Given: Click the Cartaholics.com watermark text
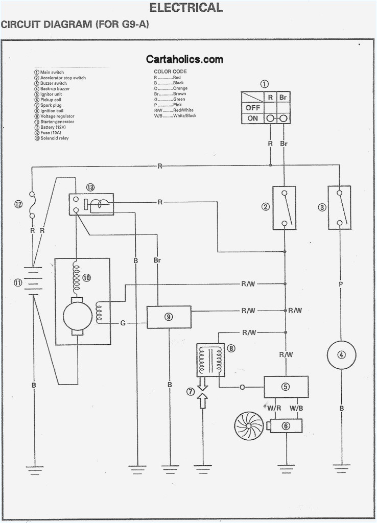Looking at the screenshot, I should point(184,59).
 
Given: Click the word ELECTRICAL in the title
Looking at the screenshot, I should point(186,8).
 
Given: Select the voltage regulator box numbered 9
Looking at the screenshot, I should point(169,317).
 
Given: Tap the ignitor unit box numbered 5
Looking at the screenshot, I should point(286,387).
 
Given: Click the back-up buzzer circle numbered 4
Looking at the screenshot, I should point(341,354).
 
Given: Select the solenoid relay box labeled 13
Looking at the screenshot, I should point(91,204).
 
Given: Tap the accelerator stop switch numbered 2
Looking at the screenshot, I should point(284,207).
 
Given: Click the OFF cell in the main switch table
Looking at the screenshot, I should point(252,108).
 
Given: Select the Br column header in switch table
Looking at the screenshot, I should point(283,97).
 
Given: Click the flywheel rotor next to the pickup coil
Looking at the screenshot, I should point(249,425).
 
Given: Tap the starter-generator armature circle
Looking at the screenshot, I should point(77,316).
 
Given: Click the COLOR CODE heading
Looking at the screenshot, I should point(170,72).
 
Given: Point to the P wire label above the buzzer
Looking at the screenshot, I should point(341,282).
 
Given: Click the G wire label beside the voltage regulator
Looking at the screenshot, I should point(123,323).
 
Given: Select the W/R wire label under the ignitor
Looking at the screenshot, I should point(275,408).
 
